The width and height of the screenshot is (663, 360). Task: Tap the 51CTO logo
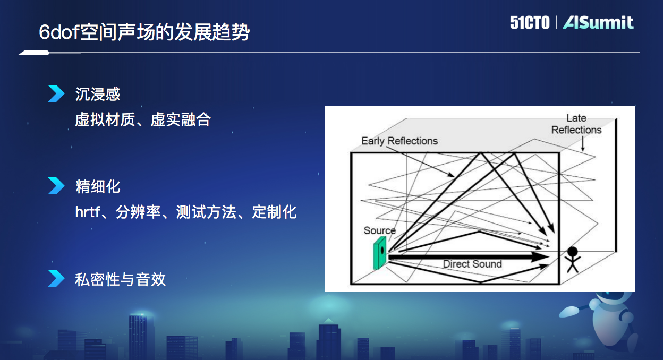tap(529, 23)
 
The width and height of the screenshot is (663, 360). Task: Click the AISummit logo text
tap(598, 23)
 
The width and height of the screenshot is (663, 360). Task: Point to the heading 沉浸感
tap(98, 95)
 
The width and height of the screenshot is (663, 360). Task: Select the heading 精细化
tap(98, 187)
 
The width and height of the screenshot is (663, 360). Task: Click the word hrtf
tap(87, 212)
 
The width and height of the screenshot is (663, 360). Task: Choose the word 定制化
tap(274, 212)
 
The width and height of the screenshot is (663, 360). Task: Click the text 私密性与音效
tap(121, 279)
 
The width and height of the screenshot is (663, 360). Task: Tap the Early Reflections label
tap(399, 141)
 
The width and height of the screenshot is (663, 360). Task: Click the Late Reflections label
tap(576, 124)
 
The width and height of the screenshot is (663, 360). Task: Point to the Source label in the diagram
tap(379, 230)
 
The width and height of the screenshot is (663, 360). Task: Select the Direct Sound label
tap(472, 264)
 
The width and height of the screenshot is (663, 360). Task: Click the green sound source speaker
tap(380, 253)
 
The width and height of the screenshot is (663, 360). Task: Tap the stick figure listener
tap(572, 259)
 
